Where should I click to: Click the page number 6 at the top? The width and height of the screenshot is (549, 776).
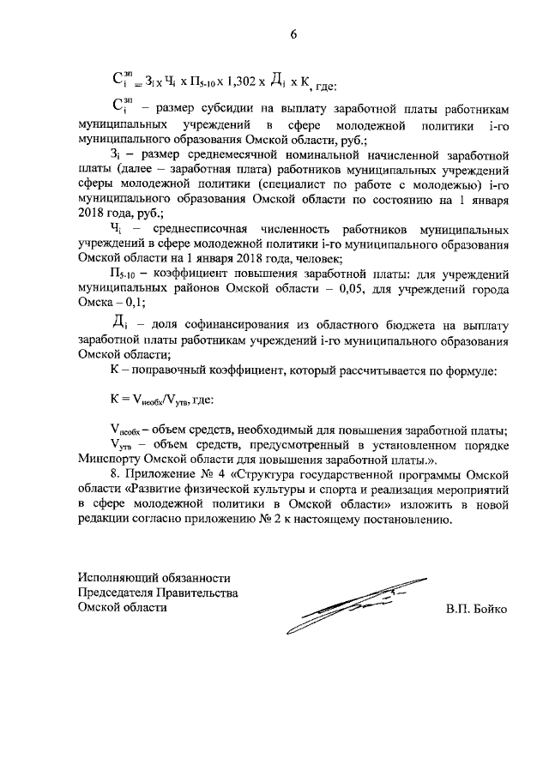pos(293,34)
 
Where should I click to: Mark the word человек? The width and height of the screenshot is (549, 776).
pos(317,258)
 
